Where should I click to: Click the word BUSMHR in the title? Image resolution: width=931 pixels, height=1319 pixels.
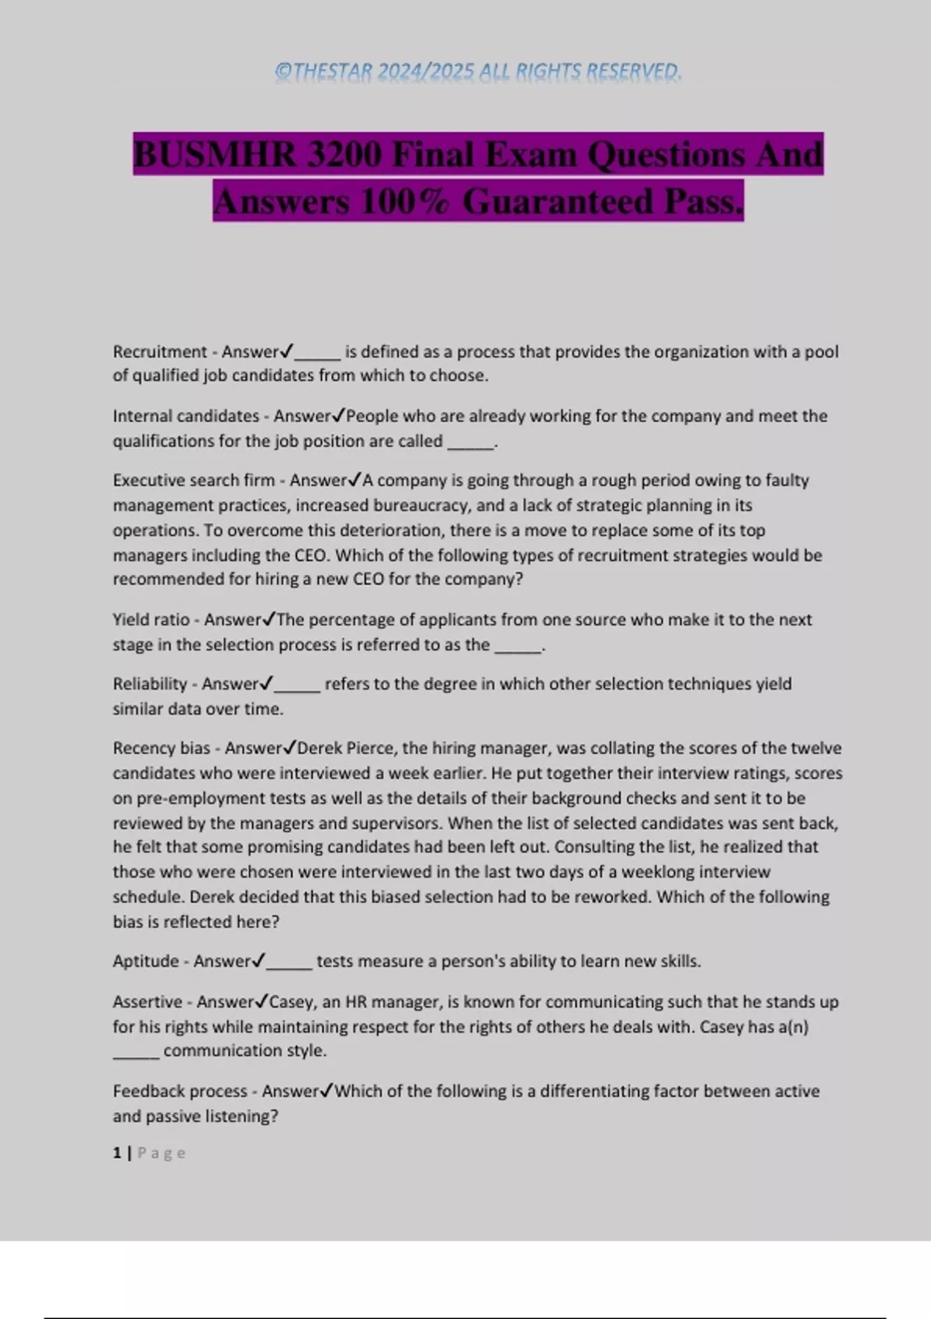pos(215,154)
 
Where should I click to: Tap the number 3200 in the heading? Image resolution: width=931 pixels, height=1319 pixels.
pos(344,154)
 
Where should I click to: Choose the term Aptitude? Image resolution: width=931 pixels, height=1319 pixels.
pos(146,961)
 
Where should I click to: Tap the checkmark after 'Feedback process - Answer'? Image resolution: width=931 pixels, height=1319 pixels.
pos(327,1091)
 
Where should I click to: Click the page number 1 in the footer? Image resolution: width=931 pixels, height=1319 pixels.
pos(117,1153)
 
